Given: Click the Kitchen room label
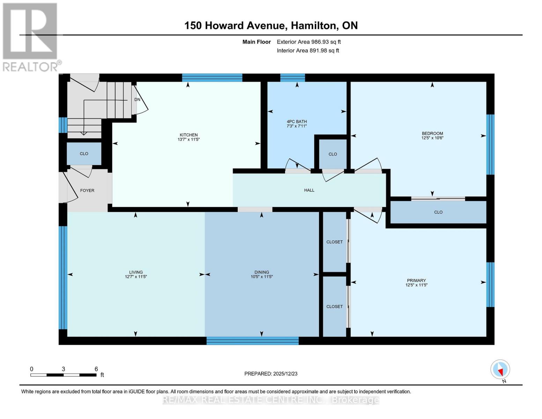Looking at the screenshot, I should click(188, 135).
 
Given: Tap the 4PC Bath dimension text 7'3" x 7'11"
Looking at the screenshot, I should click(296, 126).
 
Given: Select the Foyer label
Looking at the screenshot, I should click(87, 190).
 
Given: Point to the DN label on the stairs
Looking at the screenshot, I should click(137, 100).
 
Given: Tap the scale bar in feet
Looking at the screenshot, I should click(64, 375).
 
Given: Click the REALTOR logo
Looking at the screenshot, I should click(30, 37).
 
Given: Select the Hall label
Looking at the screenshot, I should click(309, 190).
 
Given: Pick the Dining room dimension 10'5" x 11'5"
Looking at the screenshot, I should click(261, 277).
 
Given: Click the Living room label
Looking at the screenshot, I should click(136, 272).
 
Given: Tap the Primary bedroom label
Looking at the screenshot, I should click(416, 280).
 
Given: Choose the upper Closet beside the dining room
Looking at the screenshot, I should click(334, 242).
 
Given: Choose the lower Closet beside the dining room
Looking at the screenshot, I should click(334, 306).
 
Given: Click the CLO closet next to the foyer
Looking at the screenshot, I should click(84, 154).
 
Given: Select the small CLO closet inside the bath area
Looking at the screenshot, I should click(333, 154).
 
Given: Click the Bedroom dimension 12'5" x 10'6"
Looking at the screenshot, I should click(432, 138).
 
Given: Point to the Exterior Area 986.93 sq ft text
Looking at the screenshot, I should click(309, 42).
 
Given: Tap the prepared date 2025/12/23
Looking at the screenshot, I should click(271, 374).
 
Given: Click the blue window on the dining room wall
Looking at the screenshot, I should click(252, 340).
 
